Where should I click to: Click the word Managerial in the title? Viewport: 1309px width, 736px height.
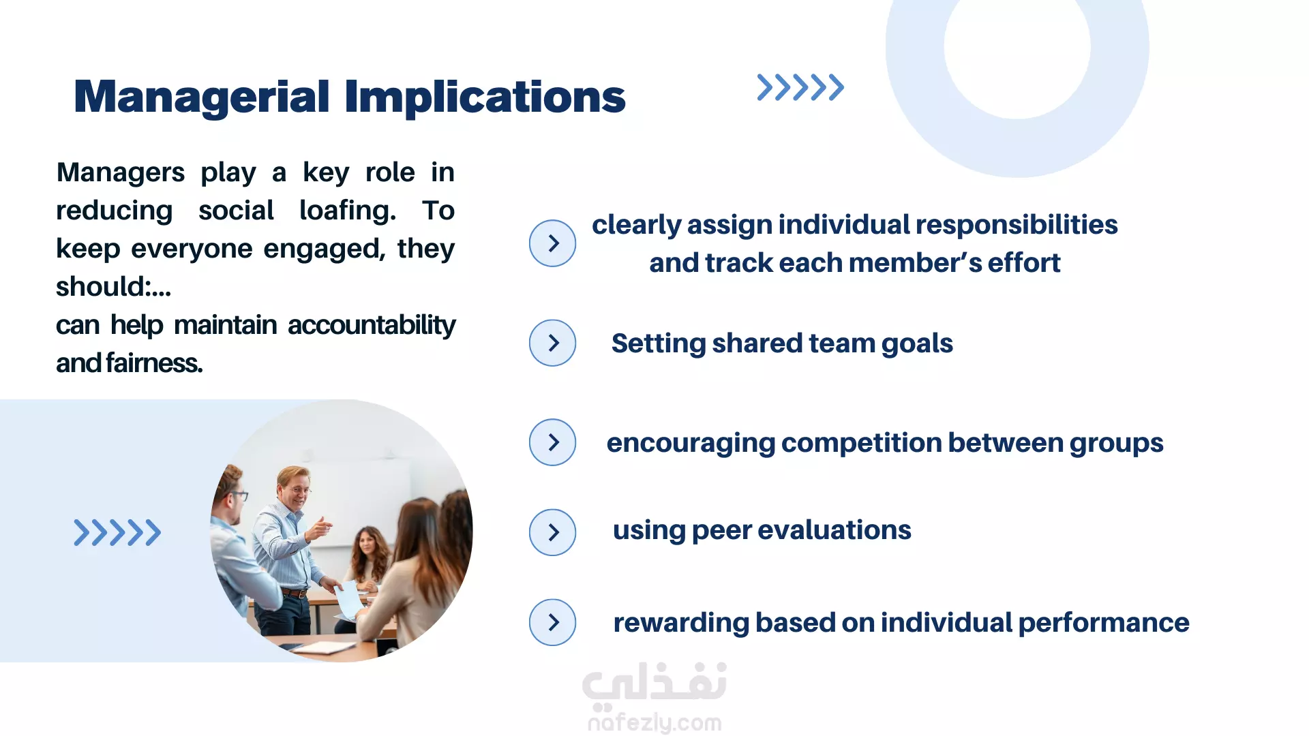tap(202, 97)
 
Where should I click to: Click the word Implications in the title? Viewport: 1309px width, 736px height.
tap(485, 97)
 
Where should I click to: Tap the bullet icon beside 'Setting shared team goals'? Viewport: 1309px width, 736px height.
tap(552, 343)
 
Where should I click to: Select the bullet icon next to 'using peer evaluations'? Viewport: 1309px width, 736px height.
tap(552, 532)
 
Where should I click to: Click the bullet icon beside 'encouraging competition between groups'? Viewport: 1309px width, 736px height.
tap(552, 442)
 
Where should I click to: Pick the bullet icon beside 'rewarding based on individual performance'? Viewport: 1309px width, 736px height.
tap(552, 622)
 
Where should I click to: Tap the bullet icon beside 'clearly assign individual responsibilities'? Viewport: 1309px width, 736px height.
tap(552, 243)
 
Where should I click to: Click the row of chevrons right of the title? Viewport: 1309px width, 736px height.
tap(800, 87)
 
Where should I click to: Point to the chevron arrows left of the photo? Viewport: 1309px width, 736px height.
tap(117, 533)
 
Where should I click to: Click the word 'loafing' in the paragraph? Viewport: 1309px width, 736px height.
tap(347, 211)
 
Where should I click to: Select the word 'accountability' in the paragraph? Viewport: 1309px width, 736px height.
tap(372, 326)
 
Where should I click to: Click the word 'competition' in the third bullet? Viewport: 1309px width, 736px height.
tap(861, 444)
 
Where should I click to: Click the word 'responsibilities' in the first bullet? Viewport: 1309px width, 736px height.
tap(1017, 226)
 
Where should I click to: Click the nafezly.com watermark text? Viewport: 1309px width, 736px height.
tap(654, 722)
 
